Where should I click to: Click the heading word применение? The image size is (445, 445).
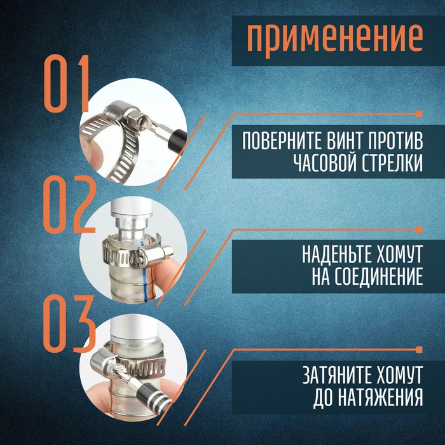tap(334, 38)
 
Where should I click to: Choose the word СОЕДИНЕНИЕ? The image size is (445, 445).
tap(381, 278)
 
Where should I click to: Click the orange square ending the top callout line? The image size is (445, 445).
tap(419, 114)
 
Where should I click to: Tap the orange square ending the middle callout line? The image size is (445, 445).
tap(419, 229)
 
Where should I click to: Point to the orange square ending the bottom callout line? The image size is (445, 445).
tap(419, 348)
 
